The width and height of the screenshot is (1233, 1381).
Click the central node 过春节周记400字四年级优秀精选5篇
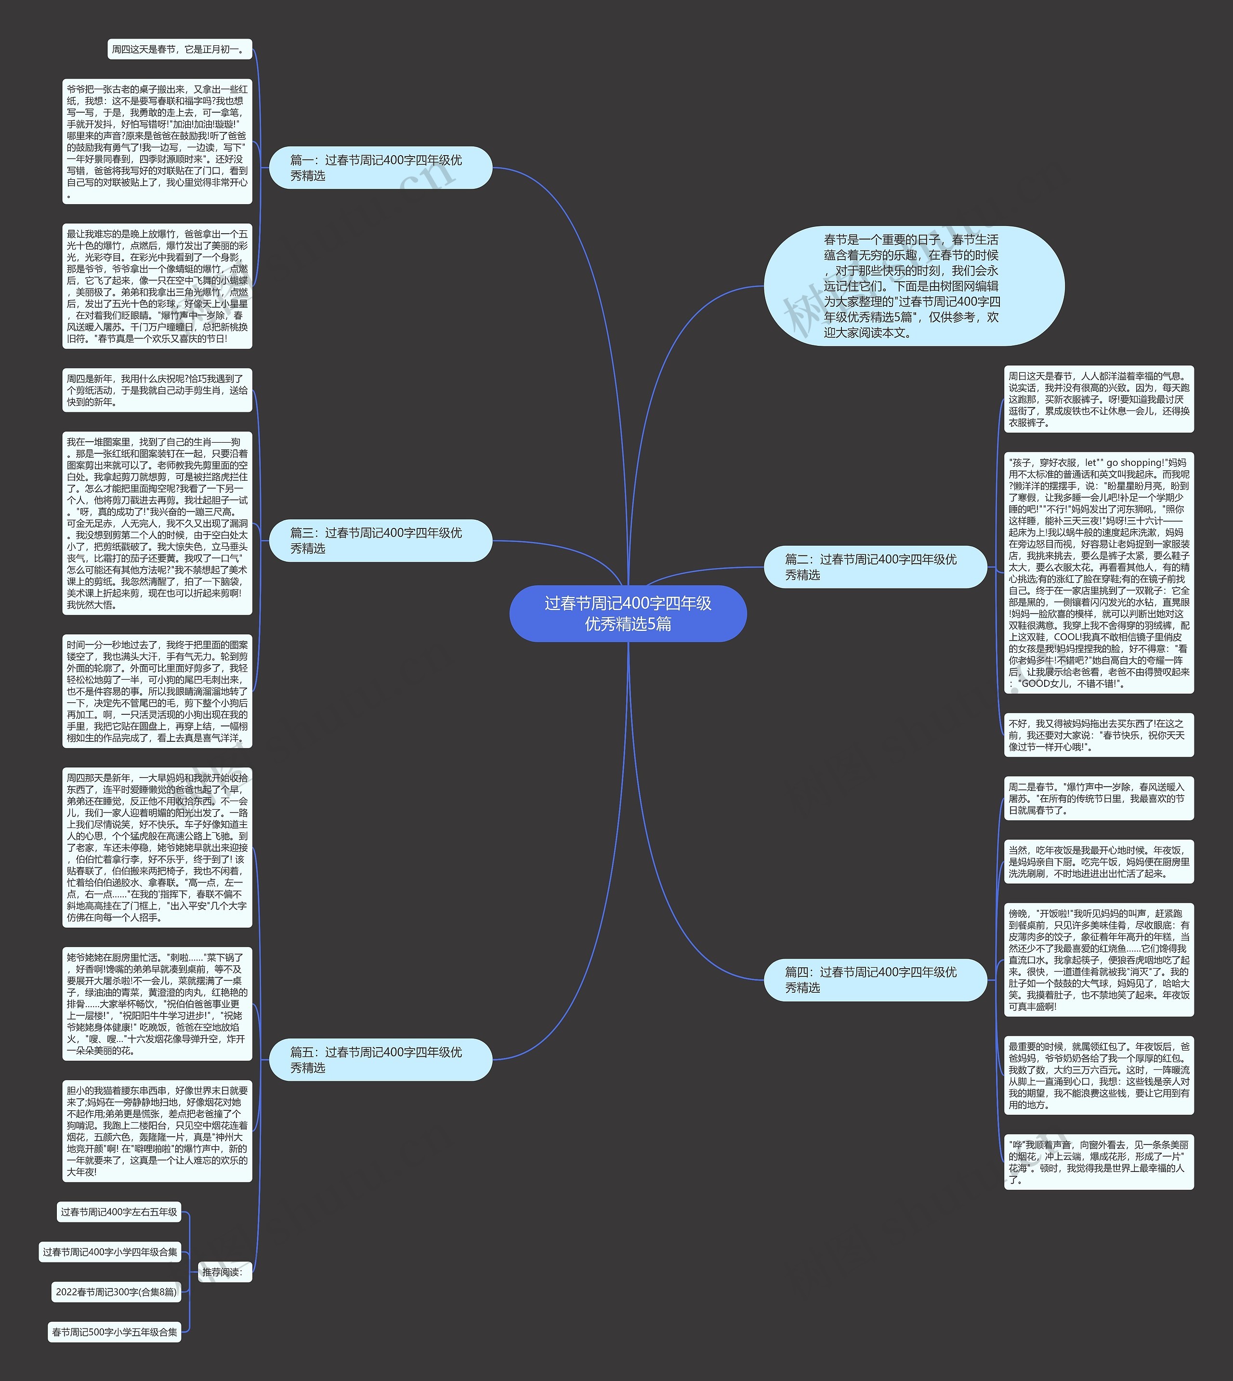click(628, 613)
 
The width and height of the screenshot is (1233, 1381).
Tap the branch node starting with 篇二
click(875, 566)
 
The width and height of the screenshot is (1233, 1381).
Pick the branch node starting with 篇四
click(875, 979)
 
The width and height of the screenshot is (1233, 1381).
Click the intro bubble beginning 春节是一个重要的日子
click(913, 286)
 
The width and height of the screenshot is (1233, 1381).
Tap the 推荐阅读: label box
click(222, 1272)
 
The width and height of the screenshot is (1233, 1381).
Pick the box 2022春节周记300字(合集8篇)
click(117, 1291)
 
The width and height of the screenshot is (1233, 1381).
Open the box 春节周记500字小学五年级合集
click(115, 1331)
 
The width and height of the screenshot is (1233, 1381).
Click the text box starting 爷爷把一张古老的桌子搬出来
click(157, 142)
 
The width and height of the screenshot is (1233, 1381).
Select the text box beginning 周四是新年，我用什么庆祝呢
click(157, 390)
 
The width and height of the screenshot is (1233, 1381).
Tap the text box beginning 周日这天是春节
click(1098, 399)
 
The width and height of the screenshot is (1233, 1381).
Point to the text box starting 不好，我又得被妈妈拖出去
click(1098, 735)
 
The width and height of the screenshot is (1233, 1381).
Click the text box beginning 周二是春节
click(1098, 798)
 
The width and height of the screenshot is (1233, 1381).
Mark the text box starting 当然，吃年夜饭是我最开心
click(1098, 861)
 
